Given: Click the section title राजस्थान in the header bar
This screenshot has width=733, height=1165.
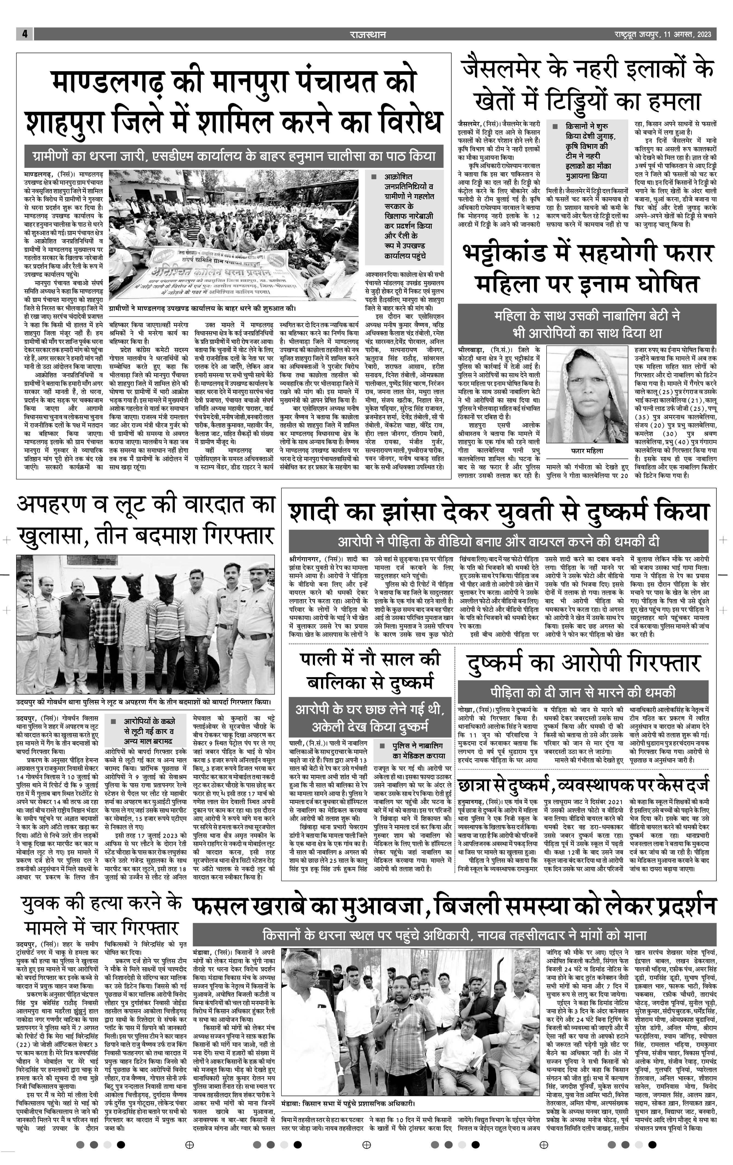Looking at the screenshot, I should (x=368, y=34).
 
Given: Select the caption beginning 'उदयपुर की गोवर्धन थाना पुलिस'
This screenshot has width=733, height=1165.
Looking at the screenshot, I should (x=144, y=702).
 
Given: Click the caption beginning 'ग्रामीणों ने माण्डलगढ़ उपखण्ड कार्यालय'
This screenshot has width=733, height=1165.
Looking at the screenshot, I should (x=202, y=308).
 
